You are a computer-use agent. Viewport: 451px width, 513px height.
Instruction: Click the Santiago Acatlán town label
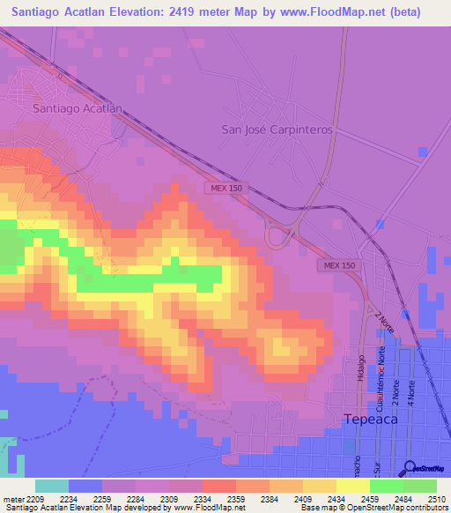coord(77,108)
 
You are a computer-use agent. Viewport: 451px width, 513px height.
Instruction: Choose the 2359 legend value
coord(236,500)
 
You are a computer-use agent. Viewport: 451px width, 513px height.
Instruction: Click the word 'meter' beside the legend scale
coord(11,500)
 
